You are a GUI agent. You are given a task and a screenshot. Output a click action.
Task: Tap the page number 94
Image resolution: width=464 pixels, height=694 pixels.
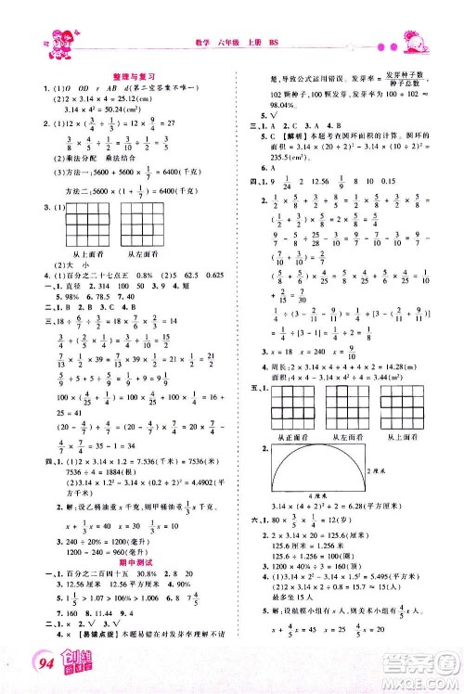click(x=44, y=664)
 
